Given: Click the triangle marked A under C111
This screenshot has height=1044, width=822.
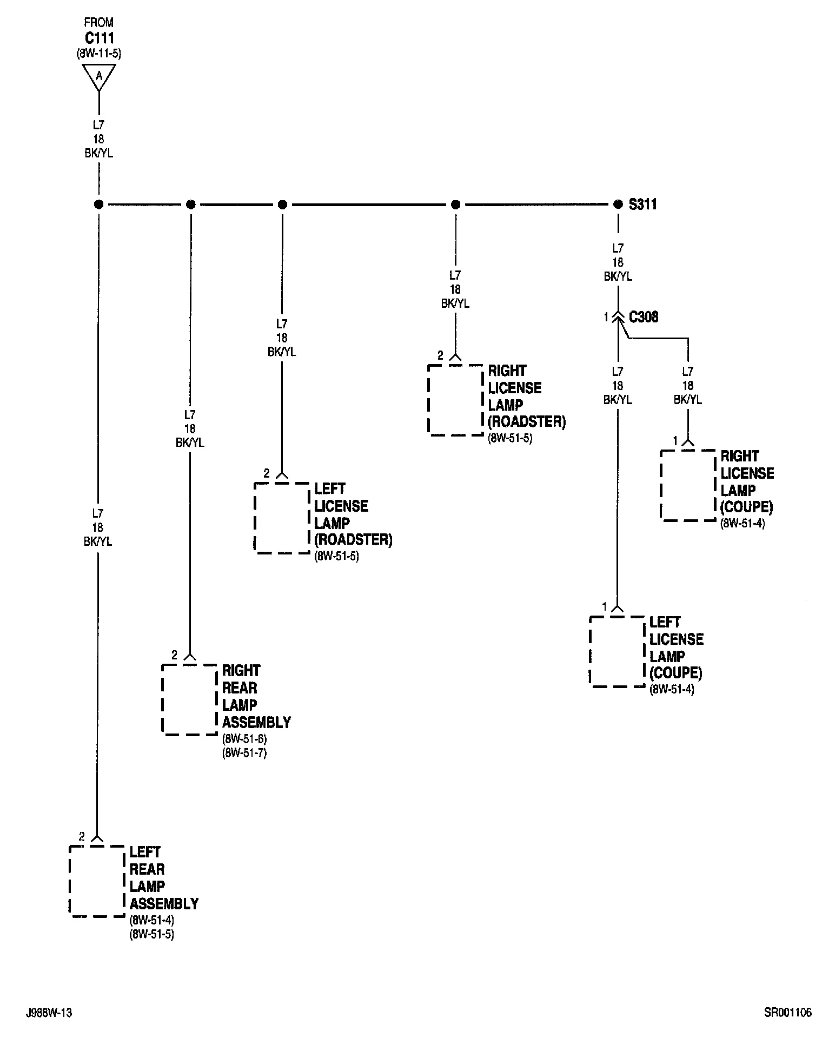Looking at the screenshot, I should click(98, 76).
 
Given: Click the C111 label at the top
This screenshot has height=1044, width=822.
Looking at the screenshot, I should click(99, 38).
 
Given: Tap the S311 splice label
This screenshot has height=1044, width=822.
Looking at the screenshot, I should click(642, 204).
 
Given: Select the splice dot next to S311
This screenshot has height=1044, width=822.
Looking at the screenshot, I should click(618, 204).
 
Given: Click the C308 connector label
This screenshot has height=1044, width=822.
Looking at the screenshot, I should click(644, 317).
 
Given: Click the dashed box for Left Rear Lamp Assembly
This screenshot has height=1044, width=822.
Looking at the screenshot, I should click(97, 881).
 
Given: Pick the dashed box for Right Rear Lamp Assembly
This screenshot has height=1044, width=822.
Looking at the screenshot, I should click(189, 699).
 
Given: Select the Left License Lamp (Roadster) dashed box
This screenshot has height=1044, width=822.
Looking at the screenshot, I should click(282, 518).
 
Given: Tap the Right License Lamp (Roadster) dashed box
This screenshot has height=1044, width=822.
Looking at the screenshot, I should click(455, 400).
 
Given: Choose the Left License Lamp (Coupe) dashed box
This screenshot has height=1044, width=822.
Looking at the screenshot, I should click(617, 651).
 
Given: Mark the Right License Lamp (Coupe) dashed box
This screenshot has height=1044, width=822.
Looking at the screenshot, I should click(688, 485).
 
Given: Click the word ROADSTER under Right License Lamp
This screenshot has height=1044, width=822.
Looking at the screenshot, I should click(527, 422).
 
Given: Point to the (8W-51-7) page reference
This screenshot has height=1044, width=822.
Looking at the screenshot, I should click(244, 752).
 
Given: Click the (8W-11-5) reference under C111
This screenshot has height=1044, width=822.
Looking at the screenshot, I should click(99, 53).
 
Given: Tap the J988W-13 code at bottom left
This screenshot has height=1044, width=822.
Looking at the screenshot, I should click(49, 1013).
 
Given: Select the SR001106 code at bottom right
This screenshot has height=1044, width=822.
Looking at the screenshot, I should click(788, 1013).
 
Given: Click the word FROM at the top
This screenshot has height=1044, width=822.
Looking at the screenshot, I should click(99, 23).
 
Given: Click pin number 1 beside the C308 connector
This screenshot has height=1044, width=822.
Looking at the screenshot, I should click(606, 318).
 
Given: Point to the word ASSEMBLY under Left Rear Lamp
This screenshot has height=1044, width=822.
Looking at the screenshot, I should click(164, 903).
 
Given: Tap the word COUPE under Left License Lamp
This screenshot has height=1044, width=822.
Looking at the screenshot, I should click(676, 673).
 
